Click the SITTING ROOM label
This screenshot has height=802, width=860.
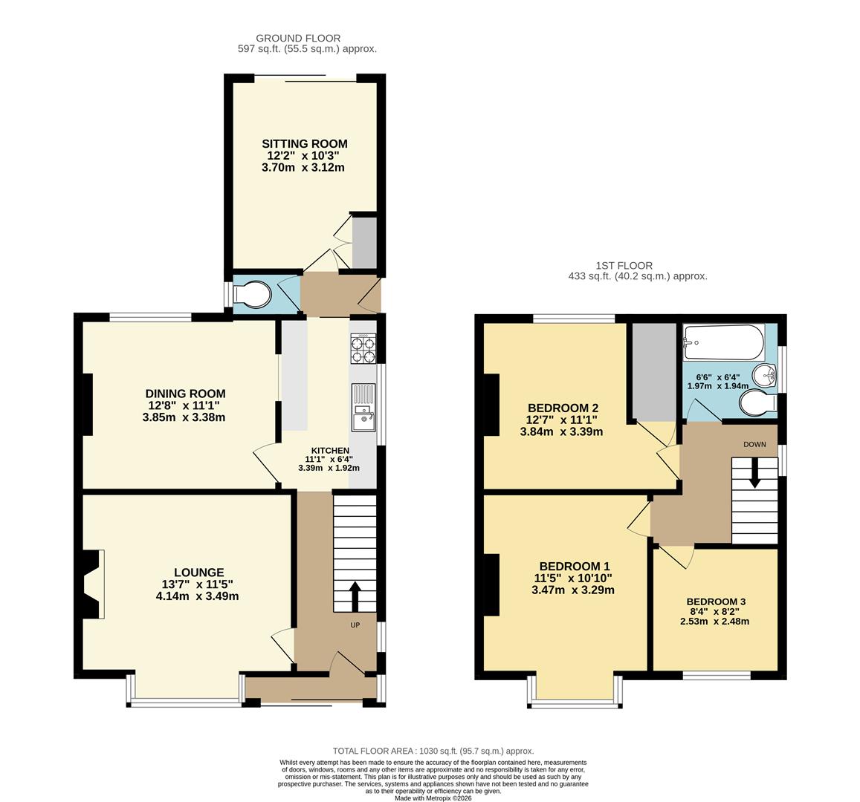(x=304, y=144)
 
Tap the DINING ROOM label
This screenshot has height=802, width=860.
(x=185, y=394)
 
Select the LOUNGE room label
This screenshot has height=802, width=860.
(x=198, y=573)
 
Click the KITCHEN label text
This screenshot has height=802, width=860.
(x=330, y=451)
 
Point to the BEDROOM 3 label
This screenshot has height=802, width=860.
(x=715, y=601)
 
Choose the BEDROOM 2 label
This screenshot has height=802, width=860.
(x=563, y=408)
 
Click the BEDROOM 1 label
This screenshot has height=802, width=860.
(x=575, y=564)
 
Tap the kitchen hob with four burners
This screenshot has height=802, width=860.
(x=364, y=349)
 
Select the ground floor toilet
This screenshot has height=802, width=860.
(x=251, y=295)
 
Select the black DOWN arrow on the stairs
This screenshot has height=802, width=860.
(x=754, y=474)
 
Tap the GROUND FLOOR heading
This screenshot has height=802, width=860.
(x=298, y=38)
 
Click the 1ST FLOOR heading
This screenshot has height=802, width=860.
(x=624, y=265)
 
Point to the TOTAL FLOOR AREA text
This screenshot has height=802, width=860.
(x=433, y=751)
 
